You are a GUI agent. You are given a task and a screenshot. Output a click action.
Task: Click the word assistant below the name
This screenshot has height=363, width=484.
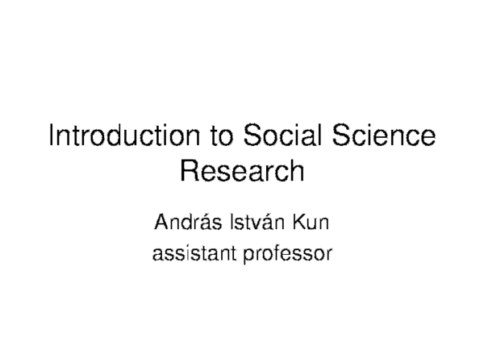(x=190, y=255)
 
